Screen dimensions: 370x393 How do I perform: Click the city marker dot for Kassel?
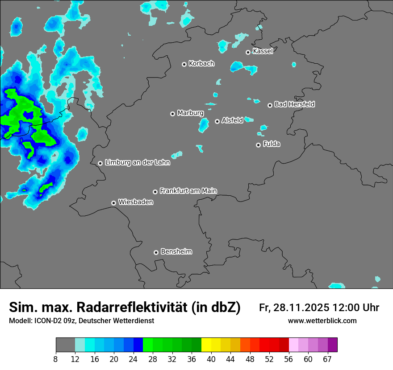248,52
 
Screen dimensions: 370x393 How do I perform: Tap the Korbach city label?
201,63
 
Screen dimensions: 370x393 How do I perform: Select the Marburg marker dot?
172,114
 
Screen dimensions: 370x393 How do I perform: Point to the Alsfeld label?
232,120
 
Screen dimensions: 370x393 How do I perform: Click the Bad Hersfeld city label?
294,104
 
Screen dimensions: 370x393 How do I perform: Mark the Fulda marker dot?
258,145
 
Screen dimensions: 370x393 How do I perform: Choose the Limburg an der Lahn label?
137,163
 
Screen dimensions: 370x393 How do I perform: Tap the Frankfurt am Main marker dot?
155,192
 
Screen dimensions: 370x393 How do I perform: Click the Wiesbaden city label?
136,202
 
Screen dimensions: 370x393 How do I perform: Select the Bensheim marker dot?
156,252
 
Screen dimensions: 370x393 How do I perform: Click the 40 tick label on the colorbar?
211,359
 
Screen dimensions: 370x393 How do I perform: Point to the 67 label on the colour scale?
327,359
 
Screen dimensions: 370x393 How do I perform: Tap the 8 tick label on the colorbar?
56,359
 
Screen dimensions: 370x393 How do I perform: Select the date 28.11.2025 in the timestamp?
302,308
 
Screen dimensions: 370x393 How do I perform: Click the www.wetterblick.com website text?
322,321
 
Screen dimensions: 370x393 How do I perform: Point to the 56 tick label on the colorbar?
288,359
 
